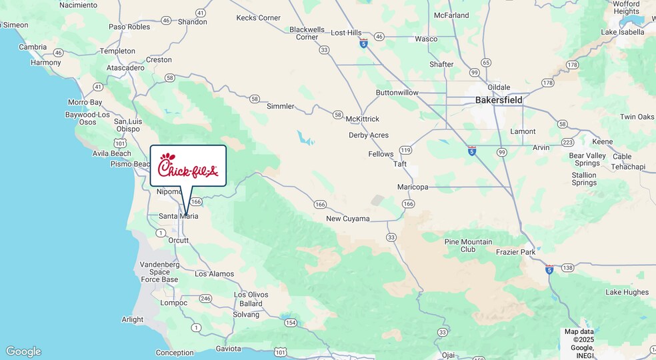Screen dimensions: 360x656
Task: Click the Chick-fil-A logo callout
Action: point(188,165)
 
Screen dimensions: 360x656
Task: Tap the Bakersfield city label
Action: point(499,100)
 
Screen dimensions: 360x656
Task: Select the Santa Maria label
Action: point(178,216)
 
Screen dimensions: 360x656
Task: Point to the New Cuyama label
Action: point(347,219)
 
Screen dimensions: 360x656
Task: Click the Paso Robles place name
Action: point(129,27)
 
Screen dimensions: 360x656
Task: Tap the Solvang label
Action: point(246,315)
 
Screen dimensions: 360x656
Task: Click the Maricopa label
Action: point(413,187)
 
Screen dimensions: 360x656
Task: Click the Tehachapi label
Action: point(629,167)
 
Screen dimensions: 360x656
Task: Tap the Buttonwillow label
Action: point(397,93)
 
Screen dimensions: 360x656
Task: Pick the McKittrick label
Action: point(362,119)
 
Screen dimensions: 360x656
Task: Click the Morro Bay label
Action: point(85,103)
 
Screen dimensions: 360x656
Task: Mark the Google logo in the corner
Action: point(23,351)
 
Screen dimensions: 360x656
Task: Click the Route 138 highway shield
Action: point(567,267)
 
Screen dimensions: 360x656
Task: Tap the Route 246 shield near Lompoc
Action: point(205,299)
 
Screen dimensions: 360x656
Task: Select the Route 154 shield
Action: point(290,323)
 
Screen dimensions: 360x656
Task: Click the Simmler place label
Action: point(280,106)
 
